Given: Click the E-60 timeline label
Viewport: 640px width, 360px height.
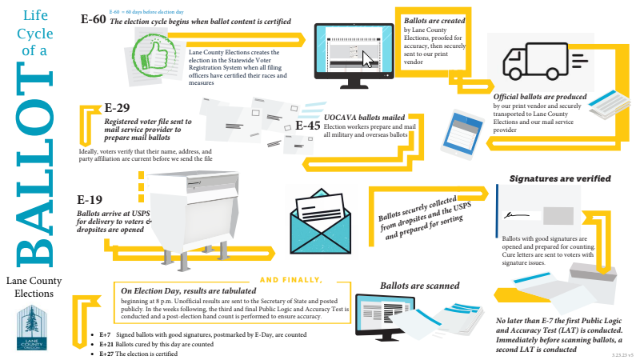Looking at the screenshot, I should (93, 19).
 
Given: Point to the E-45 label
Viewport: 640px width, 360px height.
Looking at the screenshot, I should (308, 126).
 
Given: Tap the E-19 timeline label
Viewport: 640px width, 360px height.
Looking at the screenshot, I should (90, 200).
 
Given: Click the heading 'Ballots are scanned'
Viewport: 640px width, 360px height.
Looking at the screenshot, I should (419, 286).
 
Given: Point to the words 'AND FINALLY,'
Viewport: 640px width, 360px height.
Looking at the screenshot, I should (291, 280).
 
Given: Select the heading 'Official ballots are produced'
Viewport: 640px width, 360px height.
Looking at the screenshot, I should (546, 98).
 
